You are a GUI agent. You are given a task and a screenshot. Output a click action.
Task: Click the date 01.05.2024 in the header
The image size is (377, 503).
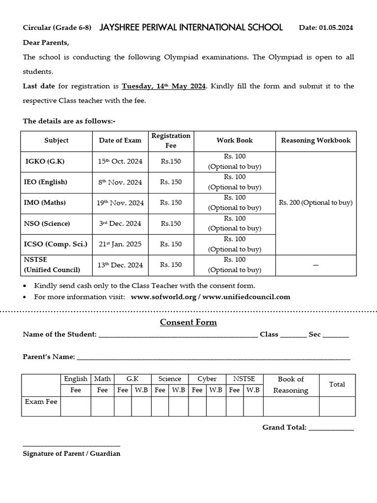click(336, 28)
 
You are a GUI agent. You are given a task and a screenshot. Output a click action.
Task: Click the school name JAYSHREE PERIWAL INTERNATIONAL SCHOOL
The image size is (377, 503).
click(191, 28)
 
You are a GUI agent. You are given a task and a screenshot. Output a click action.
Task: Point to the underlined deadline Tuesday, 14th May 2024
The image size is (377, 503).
click(164, 86)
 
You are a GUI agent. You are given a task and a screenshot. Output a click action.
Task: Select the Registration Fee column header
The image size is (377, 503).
click(171, 140)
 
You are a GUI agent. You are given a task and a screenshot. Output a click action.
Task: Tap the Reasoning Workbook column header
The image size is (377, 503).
click(316, 140)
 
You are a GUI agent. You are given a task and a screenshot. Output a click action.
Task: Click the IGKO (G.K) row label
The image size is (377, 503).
click(45, 162)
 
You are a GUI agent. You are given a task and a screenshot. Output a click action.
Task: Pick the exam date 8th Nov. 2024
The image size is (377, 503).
click(120, 182)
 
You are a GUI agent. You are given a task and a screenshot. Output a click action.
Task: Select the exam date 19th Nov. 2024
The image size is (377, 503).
click(120, 203)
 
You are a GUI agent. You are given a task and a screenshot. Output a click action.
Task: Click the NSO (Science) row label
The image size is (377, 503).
click(47, 224)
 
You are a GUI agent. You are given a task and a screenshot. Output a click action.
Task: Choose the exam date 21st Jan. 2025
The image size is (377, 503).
click(120, 244)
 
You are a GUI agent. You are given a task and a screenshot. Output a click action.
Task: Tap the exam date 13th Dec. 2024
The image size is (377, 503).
click(120, 265)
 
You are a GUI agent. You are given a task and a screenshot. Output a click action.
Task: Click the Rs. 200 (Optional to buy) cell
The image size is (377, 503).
click(316, 203)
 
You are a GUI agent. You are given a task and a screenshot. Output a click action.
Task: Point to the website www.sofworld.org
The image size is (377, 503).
click(164, 297)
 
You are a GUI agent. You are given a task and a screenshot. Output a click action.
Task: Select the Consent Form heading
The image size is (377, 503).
click(188, 322)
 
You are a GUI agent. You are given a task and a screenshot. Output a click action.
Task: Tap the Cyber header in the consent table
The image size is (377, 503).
click(207, 379)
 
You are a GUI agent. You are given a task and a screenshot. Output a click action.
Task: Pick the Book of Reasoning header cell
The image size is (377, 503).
click(291, 385)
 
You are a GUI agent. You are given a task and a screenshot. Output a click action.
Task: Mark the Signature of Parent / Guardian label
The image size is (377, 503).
click(72, 453)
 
